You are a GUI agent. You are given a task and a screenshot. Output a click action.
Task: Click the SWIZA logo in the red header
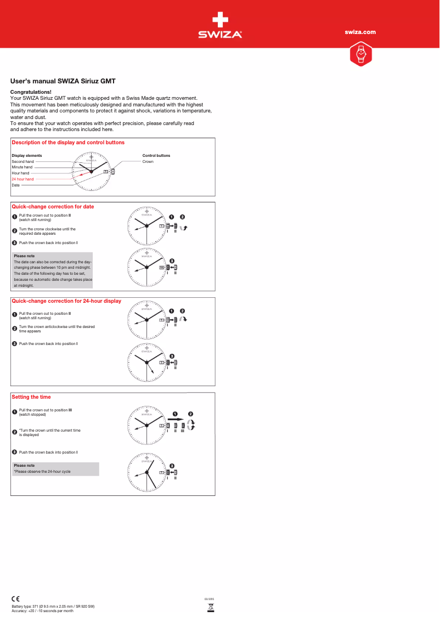tap(220, 25)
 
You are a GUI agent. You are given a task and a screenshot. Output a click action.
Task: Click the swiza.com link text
tap(360, 32)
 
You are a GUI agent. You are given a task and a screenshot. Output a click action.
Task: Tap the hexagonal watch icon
tap(360, 54)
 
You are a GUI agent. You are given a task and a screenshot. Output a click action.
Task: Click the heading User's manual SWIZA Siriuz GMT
tap(63, 80)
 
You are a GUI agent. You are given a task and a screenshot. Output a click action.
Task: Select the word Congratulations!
tap(31, 92)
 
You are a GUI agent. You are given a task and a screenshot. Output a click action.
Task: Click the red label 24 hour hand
tap(22, 179)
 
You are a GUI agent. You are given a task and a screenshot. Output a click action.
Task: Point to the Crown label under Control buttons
tap(148, 162)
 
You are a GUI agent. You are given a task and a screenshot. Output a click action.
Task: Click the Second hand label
tap(22, 162)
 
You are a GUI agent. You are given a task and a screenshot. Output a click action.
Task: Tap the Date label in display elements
tap(16, 185)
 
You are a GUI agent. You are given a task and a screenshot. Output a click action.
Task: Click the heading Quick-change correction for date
tap(53, 207)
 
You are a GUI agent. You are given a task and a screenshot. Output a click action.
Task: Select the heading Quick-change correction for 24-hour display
tap(66, 301)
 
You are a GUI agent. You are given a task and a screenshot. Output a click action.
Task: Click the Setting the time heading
tap(31, 397)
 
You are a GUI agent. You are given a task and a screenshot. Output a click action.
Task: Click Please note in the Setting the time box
tap(24, 466)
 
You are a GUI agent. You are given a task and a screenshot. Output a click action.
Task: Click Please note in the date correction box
tap(24, 256)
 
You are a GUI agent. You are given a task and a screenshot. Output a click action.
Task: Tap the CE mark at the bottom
tap(16, 598)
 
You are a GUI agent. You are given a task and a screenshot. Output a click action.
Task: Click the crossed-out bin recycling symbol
tap(210, 607)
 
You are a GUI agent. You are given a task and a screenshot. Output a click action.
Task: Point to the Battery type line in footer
tap(53, 607)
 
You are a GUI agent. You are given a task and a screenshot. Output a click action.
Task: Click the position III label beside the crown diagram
tap(183, 431)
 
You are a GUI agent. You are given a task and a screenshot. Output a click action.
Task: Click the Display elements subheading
tap(27, 156)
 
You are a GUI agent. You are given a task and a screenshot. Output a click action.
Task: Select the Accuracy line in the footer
tap(43, 611)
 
